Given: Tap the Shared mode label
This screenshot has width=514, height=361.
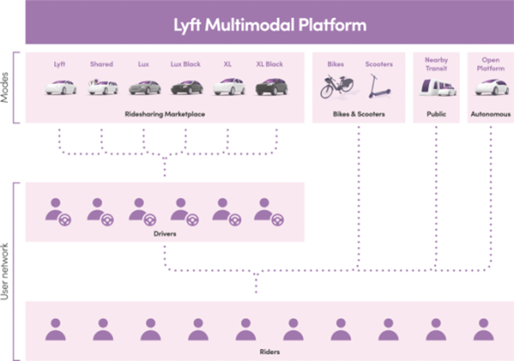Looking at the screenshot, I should click(x=101, y=63).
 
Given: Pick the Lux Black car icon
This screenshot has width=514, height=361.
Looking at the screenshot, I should click(x=187, y=86).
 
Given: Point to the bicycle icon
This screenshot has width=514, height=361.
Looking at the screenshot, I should click(x=334, y=85).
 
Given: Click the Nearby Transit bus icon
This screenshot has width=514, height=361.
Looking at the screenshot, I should click(x=436, y=86).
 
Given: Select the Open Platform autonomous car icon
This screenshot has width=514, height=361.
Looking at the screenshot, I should click(x=490, y=86).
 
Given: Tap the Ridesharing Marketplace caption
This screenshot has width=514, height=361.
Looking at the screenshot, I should click(x=164, y=112).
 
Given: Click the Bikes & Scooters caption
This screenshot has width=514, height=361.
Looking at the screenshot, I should click(x=357, y=112).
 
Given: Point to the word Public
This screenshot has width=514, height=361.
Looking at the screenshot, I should click(x=436, y=112).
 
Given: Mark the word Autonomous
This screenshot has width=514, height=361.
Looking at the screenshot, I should click(x=490, y=112).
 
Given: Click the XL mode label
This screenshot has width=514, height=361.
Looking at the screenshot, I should click(x=227, y=63).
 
